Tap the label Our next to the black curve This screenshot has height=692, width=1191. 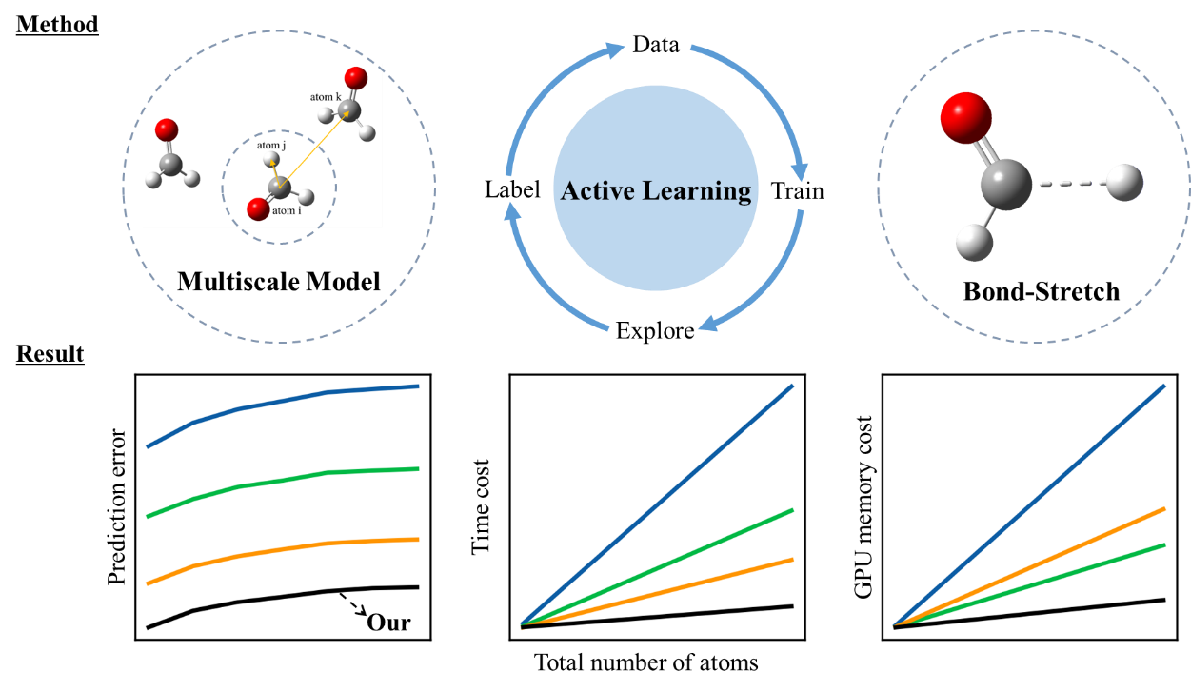click(388, 623)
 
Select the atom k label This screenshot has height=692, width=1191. click(326, 97)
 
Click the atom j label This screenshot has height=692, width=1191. click(270, 146)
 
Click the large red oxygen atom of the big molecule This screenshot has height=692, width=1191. click(965, 117)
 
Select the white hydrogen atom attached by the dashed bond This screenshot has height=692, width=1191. click(1124, 183)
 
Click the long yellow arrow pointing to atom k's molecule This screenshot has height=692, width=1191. click(314, 148)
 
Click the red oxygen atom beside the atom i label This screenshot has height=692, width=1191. click(257, 208)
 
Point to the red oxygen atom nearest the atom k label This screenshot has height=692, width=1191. click(356, 78)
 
